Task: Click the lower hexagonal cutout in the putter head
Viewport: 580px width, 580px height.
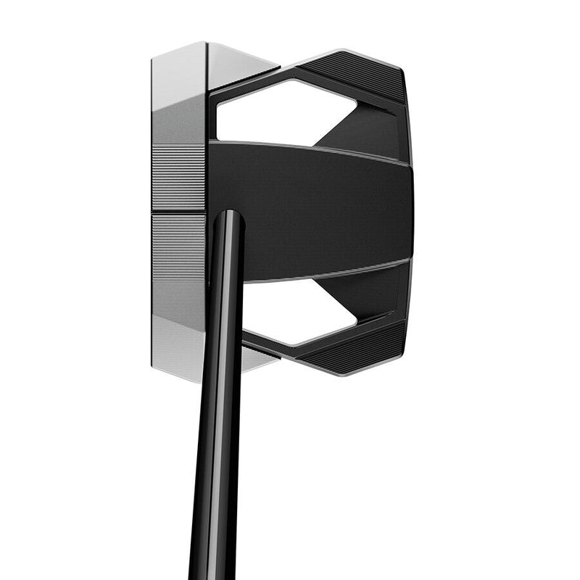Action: click(290, 312)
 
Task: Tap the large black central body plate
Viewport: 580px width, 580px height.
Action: click(312, 210)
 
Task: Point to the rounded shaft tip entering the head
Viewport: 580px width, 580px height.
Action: click(228, 217)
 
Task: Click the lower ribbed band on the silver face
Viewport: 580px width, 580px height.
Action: click(178, 246)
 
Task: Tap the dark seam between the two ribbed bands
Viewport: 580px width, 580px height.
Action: click(178, 212)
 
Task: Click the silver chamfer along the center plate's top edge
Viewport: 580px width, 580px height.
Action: click(312, 147)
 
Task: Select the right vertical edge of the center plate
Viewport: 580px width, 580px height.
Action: click(411, 210)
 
